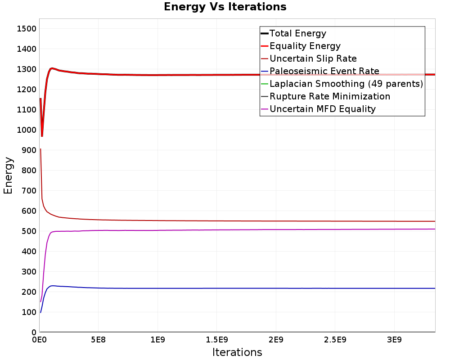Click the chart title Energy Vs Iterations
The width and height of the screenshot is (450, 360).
[x=225, y=7]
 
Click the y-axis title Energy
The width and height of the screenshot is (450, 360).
[x=8, y=175]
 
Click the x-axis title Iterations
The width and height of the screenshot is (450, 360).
[x=237, y=352]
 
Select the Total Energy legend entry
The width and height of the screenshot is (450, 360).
[x=297, y=33]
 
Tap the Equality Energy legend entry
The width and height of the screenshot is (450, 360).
[x=305, y=46]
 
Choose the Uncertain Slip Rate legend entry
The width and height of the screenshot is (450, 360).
[x=313, y=58]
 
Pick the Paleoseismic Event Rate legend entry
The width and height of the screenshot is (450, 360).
[x=324, y=71]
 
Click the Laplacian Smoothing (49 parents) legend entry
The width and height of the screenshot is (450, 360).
[x=346, y=84]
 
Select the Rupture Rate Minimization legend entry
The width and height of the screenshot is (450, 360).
[x=329, y=96]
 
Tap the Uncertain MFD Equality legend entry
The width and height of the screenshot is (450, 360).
[x=322, y=109]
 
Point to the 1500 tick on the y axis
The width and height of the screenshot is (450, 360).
[x=26, y=29]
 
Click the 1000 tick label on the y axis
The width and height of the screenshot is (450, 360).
[x=26, y=130]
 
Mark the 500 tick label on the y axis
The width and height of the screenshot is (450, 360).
[x=28, y=231]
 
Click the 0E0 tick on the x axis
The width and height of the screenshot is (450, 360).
[x=40, y=339]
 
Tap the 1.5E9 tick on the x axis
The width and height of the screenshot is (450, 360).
[x=217, y=339]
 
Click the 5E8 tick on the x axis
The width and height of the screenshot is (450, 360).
[x=99, y=339]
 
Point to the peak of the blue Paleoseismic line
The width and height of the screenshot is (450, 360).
[x=53, y=286]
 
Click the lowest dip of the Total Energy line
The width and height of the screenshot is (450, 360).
[x=42, y=136]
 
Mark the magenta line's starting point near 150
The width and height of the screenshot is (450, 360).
[x=40, y=301]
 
